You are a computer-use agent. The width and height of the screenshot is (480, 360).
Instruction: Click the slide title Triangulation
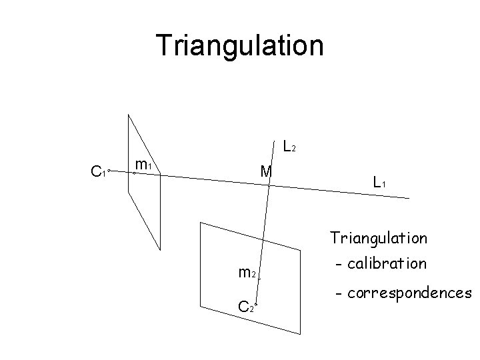(239, 45)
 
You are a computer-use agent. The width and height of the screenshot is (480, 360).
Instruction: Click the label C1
(97, 173)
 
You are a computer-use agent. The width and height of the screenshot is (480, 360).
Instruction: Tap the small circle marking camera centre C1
(109, 171)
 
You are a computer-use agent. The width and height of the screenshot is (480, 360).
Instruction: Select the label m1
(144, 163)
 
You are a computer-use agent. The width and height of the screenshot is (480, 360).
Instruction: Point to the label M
(266, 172)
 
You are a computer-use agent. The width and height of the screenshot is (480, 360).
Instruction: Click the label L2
(289, 146)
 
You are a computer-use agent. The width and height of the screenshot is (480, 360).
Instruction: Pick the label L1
(379, 181)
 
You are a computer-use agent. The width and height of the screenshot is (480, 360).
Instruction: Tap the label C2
(245, 307)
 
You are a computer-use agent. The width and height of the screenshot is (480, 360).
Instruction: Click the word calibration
(388, 263)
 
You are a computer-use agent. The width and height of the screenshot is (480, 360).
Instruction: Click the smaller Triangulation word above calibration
(379, 237)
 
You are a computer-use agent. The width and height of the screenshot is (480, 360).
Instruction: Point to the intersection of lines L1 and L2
(269, 184)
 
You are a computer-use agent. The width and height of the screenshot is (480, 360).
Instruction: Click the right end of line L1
(408, 197)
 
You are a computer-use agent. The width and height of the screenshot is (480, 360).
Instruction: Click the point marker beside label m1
(134, 173)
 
